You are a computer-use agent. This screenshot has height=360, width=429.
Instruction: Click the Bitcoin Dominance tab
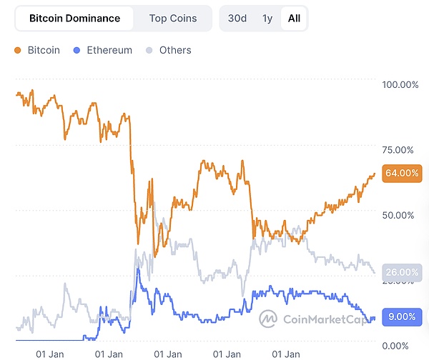[75, 19]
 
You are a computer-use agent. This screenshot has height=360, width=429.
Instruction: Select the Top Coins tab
[173, 19]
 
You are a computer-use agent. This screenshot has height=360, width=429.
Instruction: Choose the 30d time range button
[237, 19]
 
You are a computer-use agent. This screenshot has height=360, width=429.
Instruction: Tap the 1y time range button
[267, 19]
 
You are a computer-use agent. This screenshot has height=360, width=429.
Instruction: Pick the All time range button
[294, 19]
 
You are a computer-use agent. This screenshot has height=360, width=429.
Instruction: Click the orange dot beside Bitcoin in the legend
[18, 51]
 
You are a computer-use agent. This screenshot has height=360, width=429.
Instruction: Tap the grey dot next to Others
[149, 51]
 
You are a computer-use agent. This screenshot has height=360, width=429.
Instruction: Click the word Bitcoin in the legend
[44, 51]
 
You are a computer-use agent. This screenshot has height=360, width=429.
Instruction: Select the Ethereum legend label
[109, 51]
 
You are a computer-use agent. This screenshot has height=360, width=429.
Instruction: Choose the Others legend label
[175, 51]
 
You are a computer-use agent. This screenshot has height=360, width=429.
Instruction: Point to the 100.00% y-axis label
[400, 85]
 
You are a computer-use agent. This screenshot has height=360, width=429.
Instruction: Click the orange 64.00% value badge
[401, 173]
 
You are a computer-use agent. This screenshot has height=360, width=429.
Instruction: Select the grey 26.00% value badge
[401, 272]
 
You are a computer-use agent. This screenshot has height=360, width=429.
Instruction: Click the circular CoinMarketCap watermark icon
[269, 319]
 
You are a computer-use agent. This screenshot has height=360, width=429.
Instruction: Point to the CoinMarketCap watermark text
[322, 319]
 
